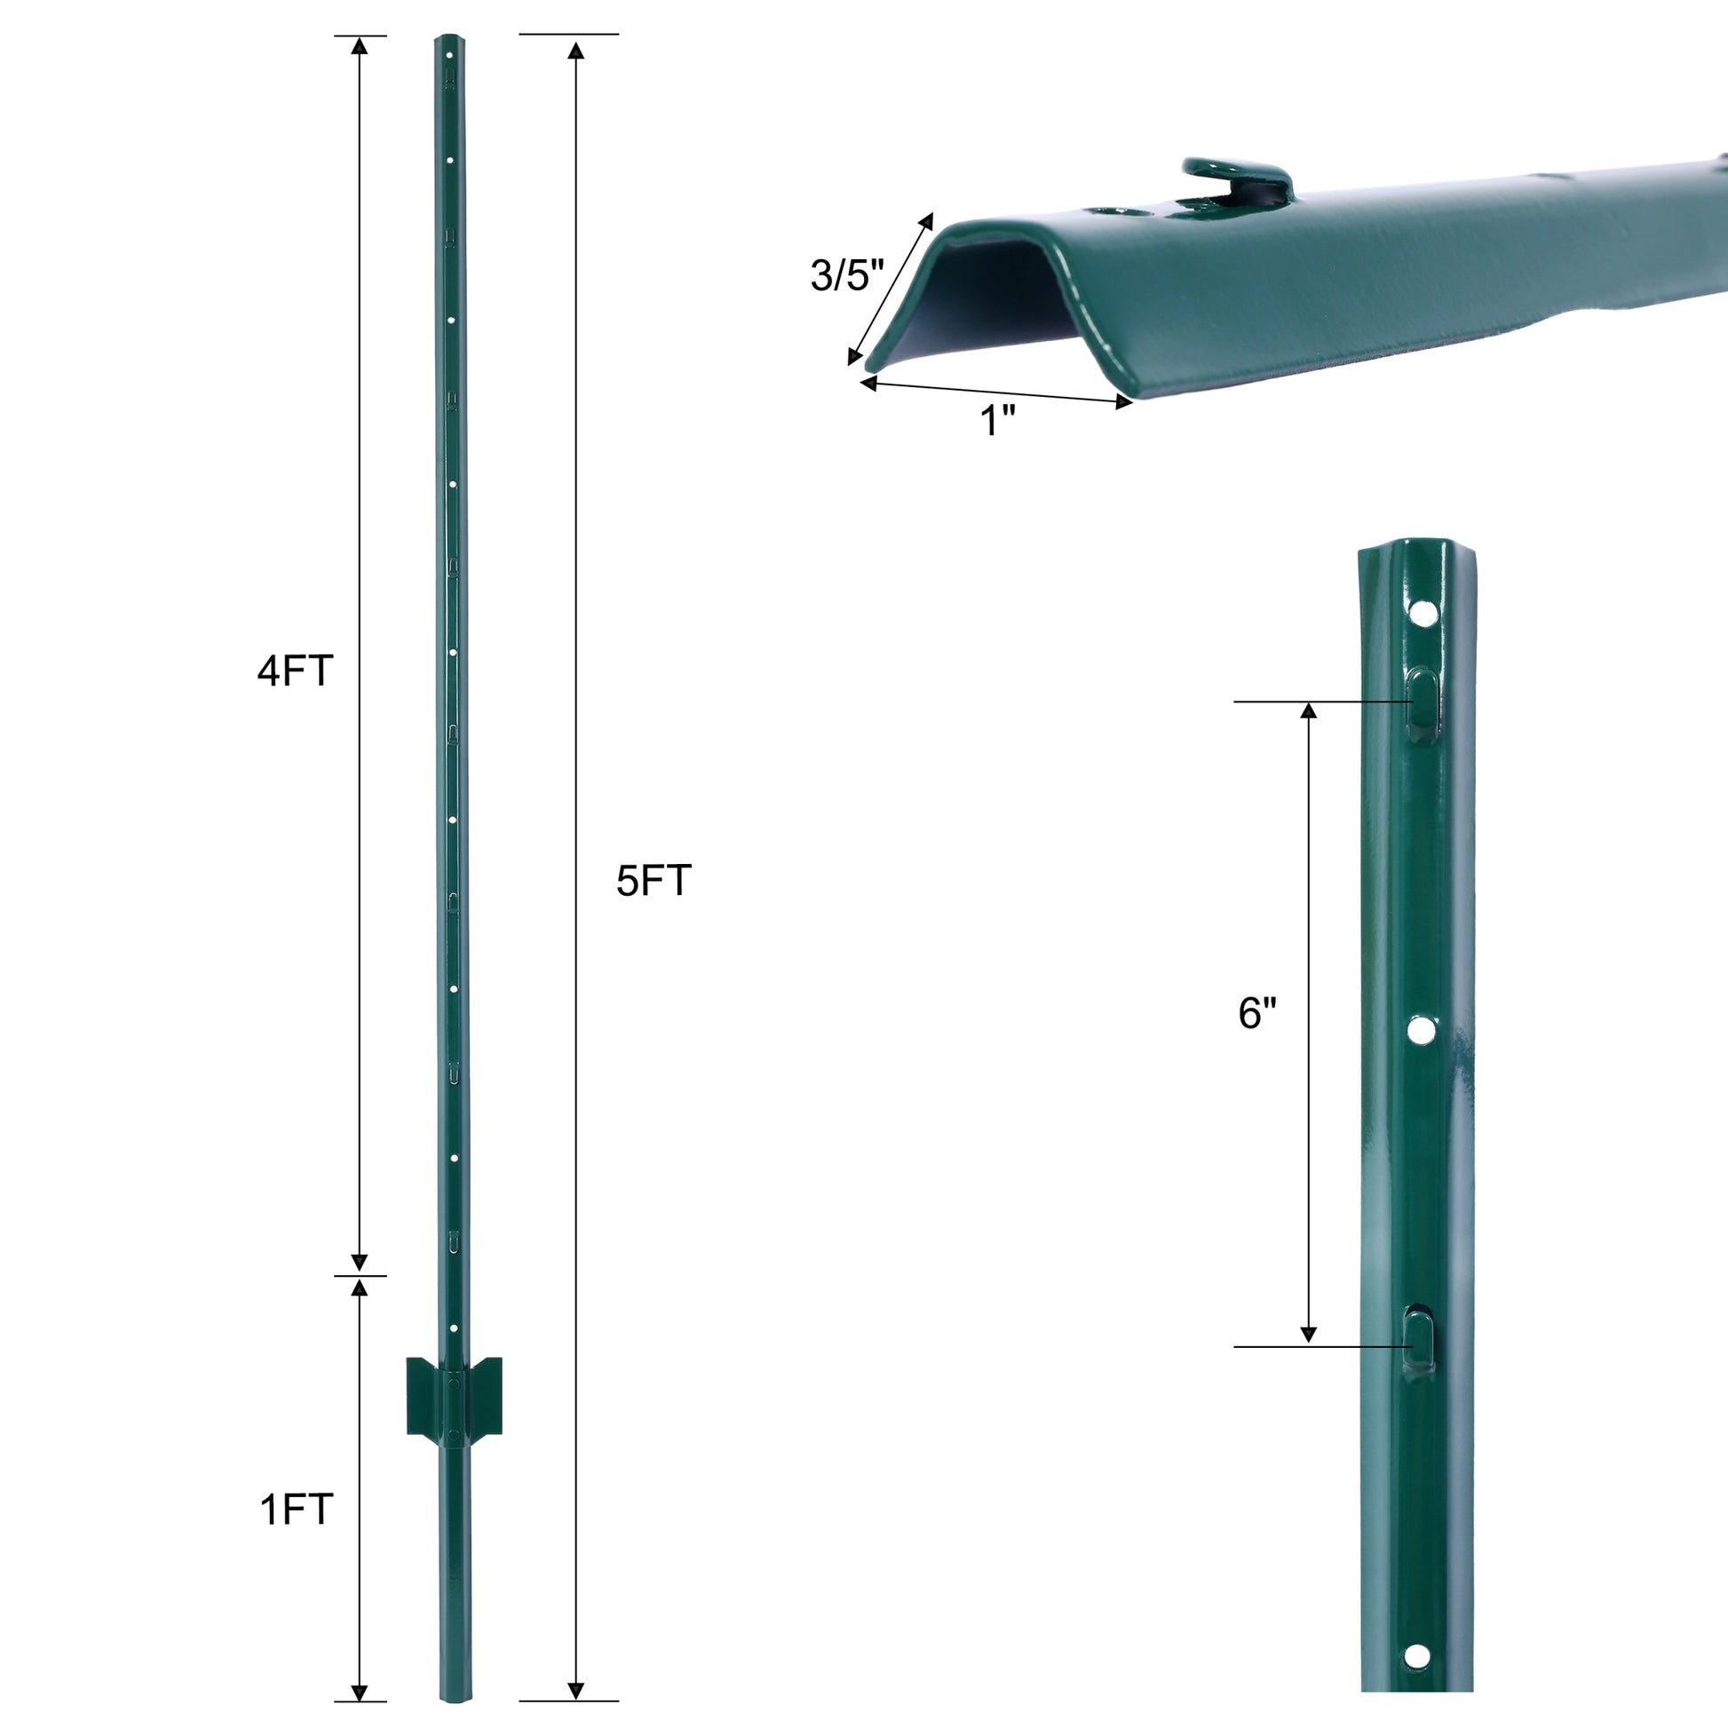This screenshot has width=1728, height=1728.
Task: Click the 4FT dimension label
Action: point(295,670)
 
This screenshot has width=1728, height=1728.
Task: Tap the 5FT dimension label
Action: point(654,881)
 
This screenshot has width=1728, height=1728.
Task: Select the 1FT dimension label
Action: point(296,1510)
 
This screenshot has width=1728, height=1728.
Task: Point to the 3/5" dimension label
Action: point(847,274)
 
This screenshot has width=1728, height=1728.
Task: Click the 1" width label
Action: point(998,420)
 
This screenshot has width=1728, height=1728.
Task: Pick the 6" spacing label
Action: point(1256,1013)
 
